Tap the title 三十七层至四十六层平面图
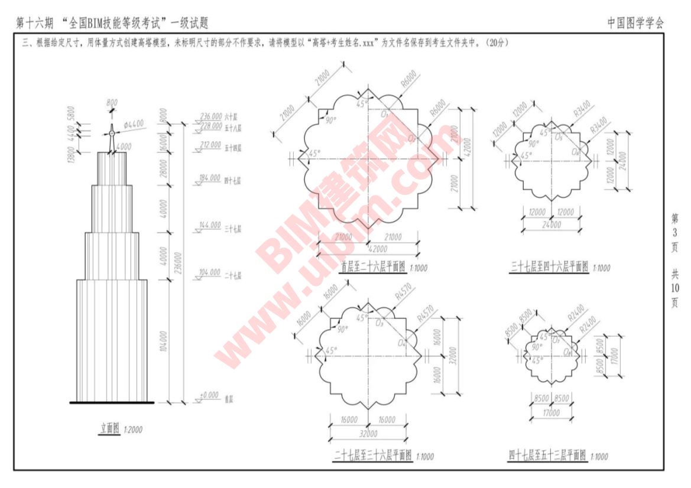[550, 267]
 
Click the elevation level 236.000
[211, 116]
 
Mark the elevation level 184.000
[211, 178]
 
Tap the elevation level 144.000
[211, 226]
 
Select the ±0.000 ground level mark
[209, 395]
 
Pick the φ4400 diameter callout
[134, 124]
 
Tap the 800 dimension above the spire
[112, 103]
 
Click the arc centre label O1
[385, 113]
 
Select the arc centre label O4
[402, 343]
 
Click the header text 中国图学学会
[635, 23]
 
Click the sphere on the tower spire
[112, 133]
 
